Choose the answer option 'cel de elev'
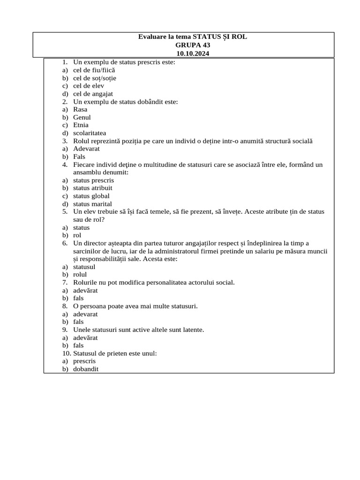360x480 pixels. (89, 86)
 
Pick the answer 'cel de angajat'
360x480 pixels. (93, 94)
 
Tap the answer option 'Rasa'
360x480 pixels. (80, 109)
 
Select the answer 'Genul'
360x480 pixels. (82, 117)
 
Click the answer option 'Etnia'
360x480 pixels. (81, 125)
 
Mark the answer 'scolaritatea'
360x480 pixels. (90, 133)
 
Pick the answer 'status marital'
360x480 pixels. (92, 204)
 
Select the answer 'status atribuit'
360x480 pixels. (92, 188)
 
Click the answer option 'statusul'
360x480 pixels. (84, 267)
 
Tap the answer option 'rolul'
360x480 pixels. (80, 275)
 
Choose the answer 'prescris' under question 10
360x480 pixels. (84, 361)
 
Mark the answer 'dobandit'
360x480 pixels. (86, 369)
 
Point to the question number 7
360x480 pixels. (65, 282)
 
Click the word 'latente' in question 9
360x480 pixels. (193, 330)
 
